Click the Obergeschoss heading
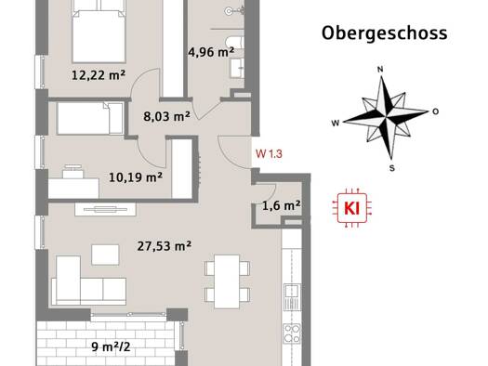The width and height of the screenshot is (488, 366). [385, 33]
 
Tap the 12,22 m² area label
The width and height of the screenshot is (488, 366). [99, 75]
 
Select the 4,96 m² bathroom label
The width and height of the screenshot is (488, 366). [211, 52]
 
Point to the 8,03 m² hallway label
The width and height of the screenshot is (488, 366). [166, 116]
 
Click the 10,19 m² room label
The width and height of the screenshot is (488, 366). [136, 177]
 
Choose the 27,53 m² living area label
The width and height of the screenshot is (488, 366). [165, 246]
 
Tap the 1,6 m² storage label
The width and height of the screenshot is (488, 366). [282, 205]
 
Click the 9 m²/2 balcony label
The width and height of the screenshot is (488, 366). [111, 346]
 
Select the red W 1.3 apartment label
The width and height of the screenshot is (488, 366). [269, 153]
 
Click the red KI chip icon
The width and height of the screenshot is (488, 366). [352, 208]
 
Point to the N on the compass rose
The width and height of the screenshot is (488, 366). [380, 70]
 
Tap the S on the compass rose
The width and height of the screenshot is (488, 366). [392, 168]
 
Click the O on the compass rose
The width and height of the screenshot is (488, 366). [436, 111]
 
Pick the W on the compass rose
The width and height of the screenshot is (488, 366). [336, 124]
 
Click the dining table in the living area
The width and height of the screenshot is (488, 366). [227, 281]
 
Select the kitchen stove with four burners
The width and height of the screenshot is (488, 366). [292, 333]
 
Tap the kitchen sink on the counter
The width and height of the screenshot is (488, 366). [292, 297]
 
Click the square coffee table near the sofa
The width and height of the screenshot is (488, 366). [105, 255]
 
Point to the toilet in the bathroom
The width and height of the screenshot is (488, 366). [235, 43]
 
